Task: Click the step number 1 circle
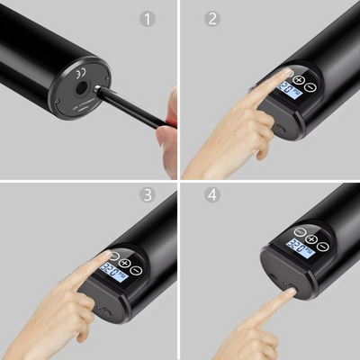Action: pyautogui.click(x=148, y=19)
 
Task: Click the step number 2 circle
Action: pyautogui.click(x=212, y=19)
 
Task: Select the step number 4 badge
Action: pyautogui.click(x=212, y=197)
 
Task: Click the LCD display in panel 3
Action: pyautogui.click(x=114, y=270)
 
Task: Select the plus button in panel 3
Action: pyautogui.click(x=124, y=261)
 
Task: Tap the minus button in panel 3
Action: pyautogui.click(x=137, y=271)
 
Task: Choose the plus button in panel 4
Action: pyautogui.click(x=311, y=239)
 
